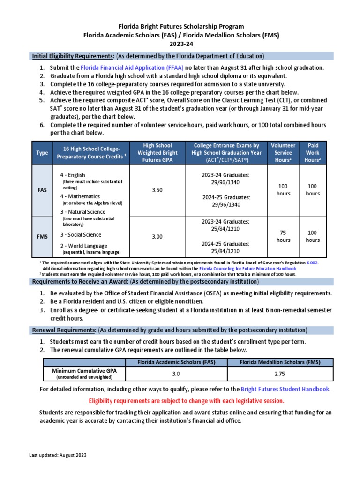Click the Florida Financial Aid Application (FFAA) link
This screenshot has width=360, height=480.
132,68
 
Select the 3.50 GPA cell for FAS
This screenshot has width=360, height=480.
157,190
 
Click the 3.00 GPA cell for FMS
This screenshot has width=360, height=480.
157,237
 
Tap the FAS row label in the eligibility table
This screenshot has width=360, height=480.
42,190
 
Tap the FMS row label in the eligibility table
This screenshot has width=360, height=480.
42,237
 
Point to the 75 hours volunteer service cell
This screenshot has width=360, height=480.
283,236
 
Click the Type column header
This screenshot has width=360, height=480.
42,153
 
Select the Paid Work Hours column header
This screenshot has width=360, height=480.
313,153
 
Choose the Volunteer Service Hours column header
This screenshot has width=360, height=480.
283,153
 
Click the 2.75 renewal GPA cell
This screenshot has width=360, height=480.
280,374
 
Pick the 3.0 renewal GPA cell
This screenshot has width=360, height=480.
176,374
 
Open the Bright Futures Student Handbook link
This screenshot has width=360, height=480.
285,389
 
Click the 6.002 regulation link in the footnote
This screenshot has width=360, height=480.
312,263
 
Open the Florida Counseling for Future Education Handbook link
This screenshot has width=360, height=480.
248,269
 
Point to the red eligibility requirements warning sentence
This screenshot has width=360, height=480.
186,401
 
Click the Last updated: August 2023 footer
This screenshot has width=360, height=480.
58,455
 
